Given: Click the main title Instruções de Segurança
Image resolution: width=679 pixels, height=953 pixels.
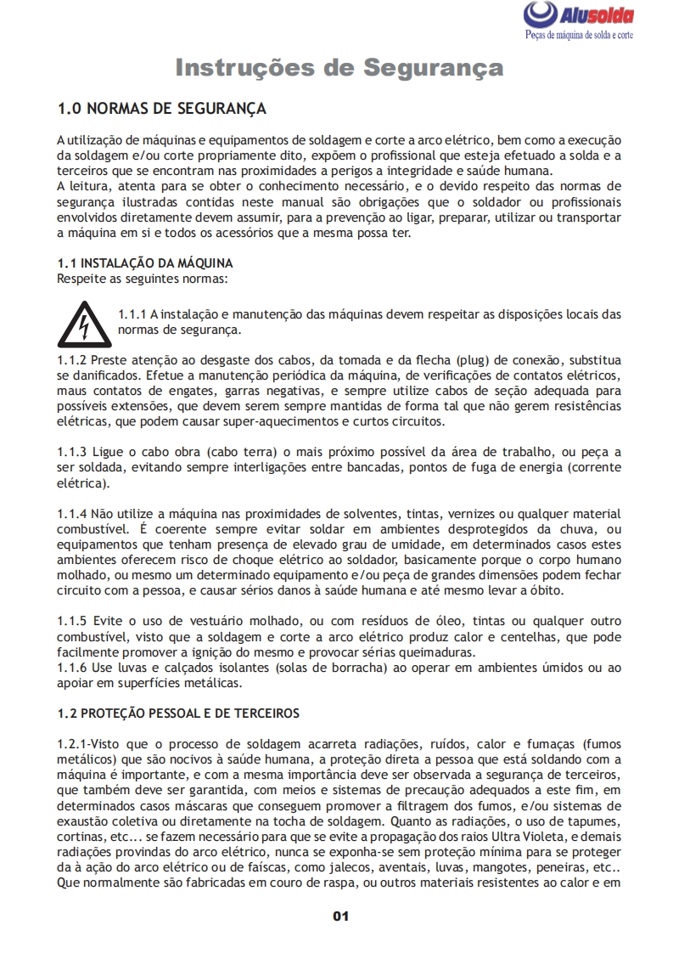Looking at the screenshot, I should [339, 67].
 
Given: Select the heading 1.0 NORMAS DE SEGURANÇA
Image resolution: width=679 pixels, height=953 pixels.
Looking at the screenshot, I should [161, 109].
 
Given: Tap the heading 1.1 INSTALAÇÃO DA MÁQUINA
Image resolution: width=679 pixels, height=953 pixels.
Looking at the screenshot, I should [144, 263].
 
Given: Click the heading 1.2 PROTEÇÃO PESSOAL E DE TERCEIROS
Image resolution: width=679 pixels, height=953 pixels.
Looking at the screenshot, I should [177, 713].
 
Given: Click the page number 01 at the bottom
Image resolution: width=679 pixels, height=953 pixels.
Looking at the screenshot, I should [340, 916].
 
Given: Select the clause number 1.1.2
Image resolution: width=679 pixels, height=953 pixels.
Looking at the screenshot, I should [71, 360].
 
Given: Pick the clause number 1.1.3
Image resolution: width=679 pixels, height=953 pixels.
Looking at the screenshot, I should [71, 448].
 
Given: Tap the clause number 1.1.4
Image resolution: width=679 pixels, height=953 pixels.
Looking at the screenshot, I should [71, 514].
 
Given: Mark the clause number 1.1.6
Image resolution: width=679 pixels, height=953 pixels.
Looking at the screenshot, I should [71, 668].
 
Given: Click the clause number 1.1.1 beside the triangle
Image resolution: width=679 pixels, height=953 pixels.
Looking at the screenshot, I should [132, 314].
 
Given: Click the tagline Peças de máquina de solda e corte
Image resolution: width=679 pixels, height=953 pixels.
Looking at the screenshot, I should [579, 36].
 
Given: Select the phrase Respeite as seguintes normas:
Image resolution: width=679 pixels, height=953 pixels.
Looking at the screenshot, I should [142, 278].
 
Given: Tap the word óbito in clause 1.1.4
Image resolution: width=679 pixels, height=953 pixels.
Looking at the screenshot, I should [545, 591].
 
